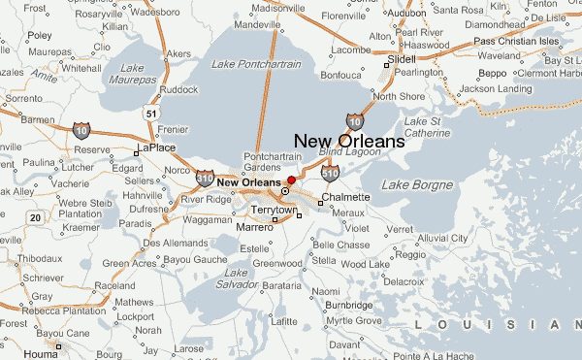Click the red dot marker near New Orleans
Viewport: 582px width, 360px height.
(291, 180)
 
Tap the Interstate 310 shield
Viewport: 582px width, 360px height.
(204, 178)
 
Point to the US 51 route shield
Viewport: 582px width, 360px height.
(149, 113)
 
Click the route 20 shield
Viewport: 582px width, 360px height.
(36, 217)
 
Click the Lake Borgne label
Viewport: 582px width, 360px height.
(417, 184)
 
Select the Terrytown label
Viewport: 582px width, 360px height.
(273, 210)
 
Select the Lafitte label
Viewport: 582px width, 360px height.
(283, 321)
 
